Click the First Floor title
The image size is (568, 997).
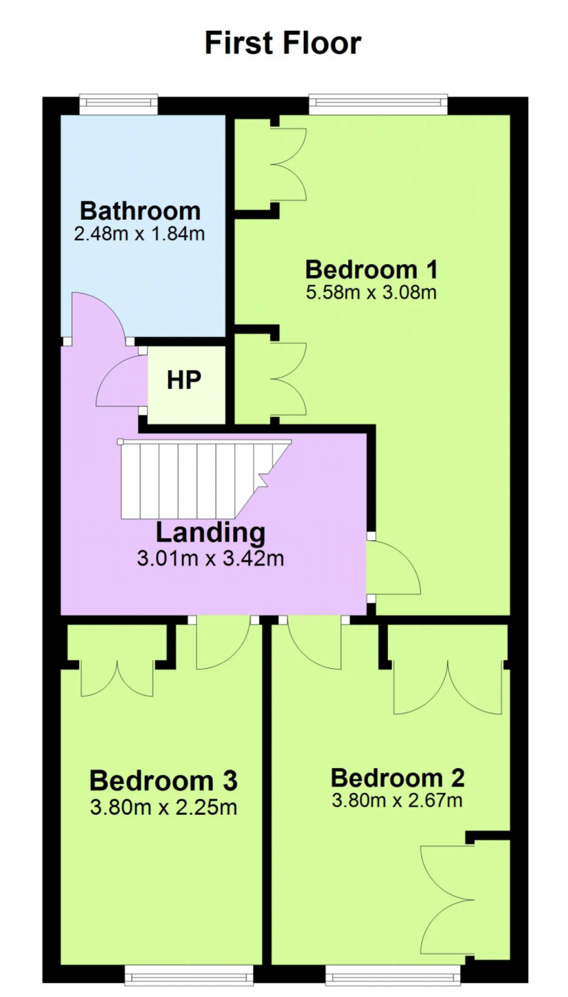[283, 43]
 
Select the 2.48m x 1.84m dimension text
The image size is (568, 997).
[139, 234]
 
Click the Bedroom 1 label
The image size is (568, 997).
[371, 270]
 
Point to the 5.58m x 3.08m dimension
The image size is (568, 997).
[371, 292]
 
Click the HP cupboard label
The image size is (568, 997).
[184, 380]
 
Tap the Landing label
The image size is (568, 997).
[210, 532]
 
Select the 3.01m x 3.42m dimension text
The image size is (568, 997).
[210, 558]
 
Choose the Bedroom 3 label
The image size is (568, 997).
[163, 781]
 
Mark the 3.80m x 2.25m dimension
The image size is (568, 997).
[163, 807]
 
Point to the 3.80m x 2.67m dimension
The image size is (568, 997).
[397, 800]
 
